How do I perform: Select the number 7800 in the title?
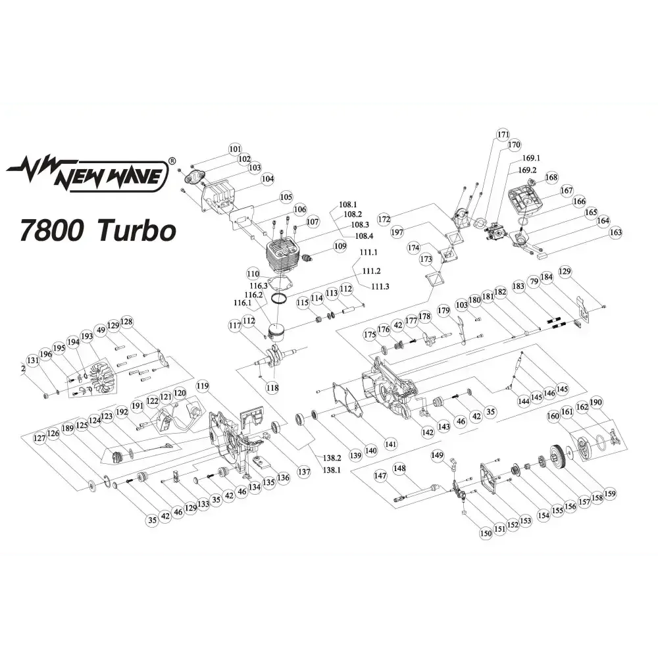[55, 230]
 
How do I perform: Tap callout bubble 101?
[236, 149]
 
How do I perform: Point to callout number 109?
[340, 247]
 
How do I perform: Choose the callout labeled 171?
[503, 135]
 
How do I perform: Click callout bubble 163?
[616, 232]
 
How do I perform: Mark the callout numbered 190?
[596, 403]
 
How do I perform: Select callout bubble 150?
[486, 534]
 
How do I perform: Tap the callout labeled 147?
[380, 475]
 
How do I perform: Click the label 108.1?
[347, 205]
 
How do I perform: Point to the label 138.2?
[333, 457]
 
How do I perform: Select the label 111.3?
[380, 286]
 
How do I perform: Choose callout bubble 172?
[384, 218]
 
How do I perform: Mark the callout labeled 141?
[392, 443]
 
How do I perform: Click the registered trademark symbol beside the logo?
[172, 160]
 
